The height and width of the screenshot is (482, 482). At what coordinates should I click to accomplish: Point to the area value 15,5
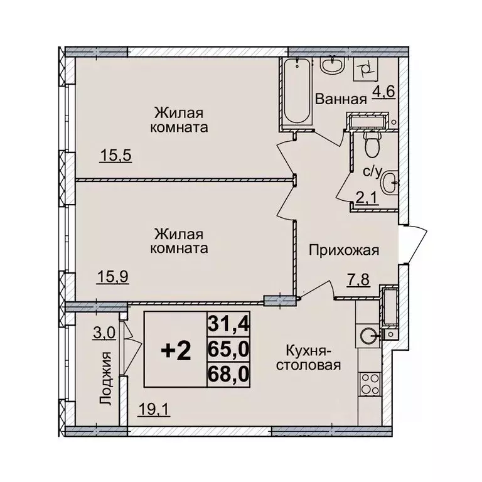coord(114,154)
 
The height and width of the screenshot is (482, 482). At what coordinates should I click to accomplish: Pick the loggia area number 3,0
coord(104,333)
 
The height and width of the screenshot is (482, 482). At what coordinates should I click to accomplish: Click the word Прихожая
coord(344,251)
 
